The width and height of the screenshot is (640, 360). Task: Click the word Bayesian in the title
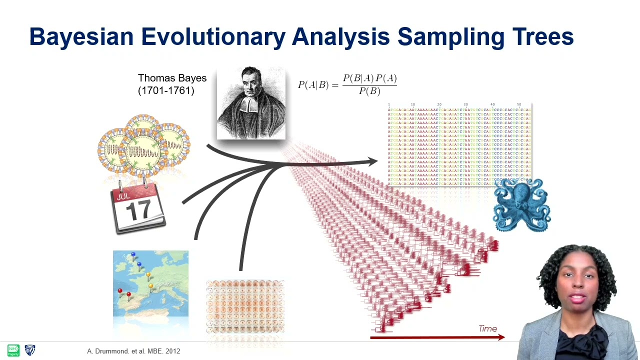pos(81,37)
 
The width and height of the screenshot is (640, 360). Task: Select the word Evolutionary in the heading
pos(212,37)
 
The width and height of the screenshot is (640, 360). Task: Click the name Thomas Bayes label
pos(172,78)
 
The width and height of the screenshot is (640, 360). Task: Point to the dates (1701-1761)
pos(165,90)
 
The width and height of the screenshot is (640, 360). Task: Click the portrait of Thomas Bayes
pos(251,103)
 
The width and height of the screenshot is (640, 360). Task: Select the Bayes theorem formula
pos(347,84)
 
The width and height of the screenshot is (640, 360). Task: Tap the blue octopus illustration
pos(521,205)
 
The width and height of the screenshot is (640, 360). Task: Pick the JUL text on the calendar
pos(123,196)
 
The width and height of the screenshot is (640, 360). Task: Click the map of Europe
pos(150,283)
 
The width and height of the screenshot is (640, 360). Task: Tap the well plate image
pos(245,306)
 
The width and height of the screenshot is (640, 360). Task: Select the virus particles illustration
pos(143,145)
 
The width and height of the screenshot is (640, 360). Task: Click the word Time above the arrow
pos(487,328)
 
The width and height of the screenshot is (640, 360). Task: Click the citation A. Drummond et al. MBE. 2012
pos(133,351)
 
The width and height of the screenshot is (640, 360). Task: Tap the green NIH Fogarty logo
pos(13,350)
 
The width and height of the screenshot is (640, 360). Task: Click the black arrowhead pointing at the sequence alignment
pos(372,161)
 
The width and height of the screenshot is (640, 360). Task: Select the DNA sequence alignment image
pos(459,145)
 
